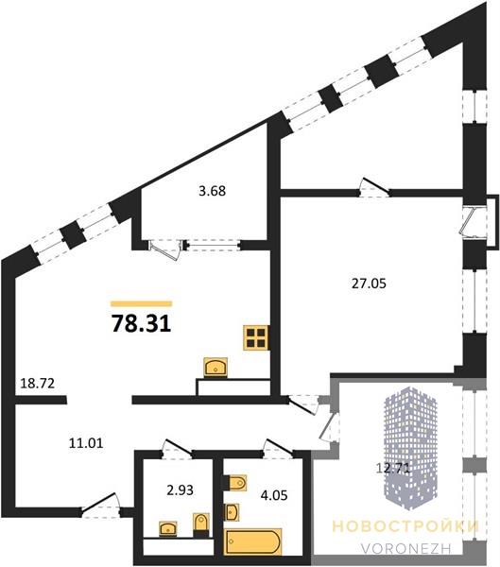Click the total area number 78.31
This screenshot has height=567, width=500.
[141, 323]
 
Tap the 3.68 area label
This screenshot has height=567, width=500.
[213, 191]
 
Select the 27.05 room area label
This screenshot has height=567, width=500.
[369, 283]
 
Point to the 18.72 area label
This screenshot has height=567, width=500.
[37, 384]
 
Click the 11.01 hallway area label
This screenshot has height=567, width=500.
[86, 442]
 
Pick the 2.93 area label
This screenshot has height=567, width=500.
[180, 490]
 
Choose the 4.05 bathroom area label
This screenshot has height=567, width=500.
[274, 494]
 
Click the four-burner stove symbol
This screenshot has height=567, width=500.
[256, 337]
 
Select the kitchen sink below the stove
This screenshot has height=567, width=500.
[216, 368]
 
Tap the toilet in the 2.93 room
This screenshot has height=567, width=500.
[200, 524]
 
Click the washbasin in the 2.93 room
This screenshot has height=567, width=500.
[168, 528]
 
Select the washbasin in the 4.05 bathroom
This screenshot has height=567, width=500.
[232, 512]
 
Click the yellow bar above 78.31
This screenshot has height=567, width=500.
[141, 303]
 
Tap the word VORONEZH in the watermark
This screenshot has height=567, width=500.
[405, 548]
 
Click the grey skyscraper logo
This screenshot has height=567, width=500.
[410, 448]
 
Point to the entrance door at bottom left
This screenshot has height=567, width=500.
[100, 507]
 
